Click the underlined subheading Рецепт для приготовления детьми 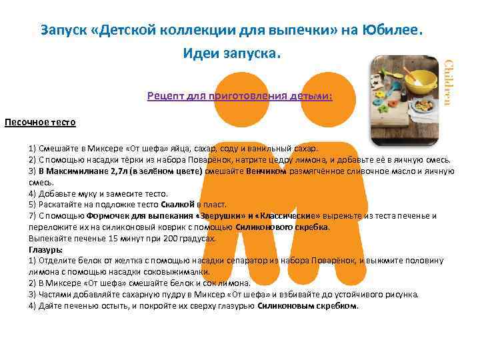click(240, 97)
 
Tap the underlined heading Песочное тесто click(40, 123)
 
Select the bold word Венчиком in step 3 click(266, 171)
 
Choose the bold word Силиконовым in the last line click(283, 306)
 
